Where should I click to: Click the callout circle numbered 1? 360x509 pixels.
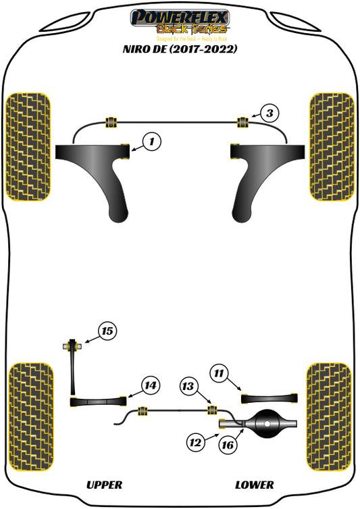click(x=152, y=142)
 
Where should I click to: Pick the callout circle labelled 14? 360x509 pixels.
click(x=151, y=385)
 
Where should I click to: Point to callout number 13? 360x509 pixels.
click(x=188, y=386)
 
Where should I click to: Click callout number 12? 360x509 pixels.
click(x=195, y=443)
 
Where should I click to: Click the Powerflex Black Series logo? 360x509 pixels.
click(x=180, y=21)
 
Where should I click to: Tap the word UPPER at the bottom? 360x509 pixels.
click(x=104, y=485)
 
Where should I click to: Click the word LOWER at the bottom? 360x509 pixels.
click(x=255, y=485)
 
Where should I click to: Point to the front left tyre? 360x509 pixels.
click(x=28, y=146)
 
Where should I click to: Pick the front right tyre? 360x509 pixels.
click(x=332, y=146)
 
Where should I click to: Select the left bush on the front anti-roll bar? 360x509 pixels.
click(x=112, y=122)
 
